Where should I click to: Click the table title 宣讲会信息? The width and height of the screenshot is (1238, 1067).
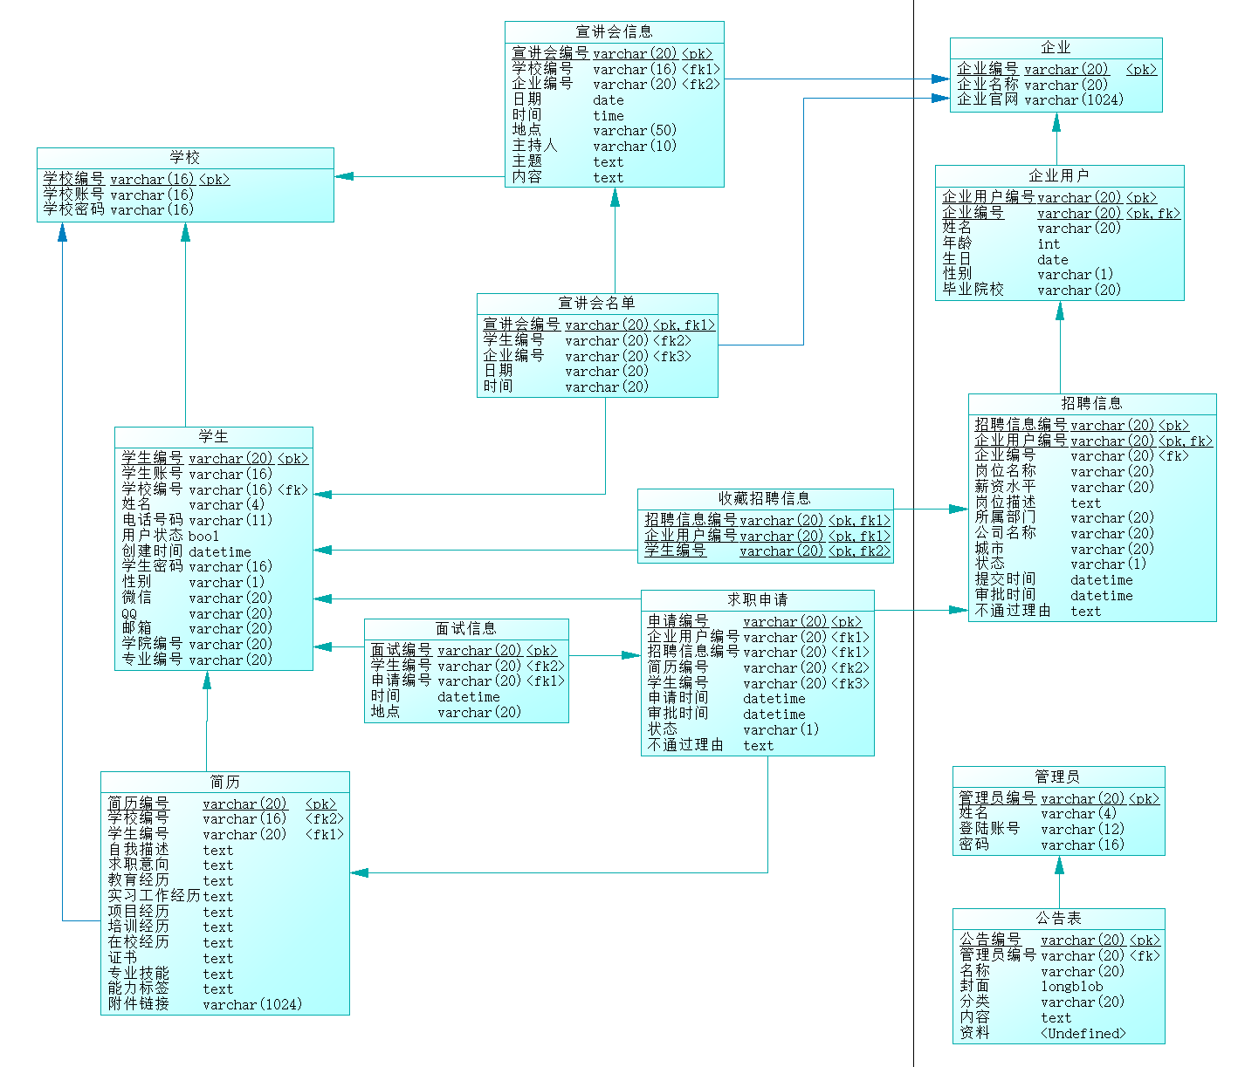click(x=614, y=32)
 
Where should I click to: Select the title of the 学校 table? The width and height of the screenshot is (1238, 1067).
click(x=185, y=158)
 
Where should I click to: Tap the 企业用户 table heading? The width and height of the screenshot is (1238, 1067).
click(x=1058, y=175)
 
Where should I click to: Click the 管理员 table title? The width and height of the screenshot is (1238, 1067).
click(x=1057, y=776)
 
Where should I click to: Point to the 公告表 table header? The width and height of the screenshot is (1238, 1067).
click(x=1058, y=919)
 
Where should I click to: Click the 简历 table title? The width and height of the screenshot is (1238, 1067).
click(x=224, y=782)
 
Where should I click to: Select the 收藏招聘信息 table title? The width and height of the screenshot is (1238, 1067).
click(x=765, y=498)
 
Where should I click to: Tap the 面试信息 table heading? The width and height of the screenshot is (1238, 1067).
click(x=466, y=629)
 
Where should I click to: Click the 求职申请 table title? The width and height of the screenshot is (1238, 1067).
click(x=757, y=600)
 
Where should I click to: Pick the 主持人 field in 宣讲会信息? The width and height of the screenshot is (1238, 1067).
click(x=534, y=146)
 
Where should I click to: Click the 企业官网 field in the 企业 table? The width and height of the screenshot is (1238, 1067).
click(x=987, y=99)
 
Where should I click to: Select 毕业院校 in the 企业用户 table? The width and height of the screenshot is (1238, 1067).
click(x=973, y=290)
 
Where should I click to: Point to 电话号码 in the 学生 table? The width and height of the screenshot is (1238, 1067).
click(x=152, y=520)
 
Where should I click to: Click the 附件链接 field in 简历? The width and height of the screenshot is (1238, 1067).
click(x=138, y=1004)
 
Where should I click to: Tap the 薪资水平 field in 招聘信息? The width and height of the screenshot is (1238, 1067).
click(x=1005, y=487)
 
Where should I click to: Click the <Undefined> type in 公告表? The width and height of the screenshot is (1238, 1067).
click(x=1083, y=1034)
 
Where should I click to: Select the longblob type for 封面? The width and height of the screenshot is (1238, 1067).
click(x=1071, y=987)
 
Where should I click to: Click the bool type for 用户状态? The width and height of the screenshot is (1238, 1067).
click(x=203, y=537)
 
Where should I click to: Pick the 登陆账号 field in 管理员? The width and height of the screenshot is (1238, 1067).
click(x=989, y=829)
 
